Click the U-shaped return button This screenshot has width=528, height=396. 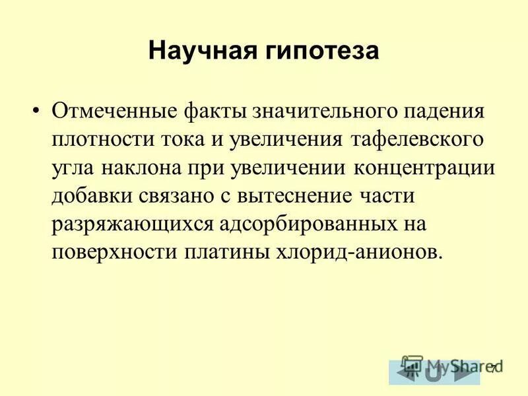point(434,374)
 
